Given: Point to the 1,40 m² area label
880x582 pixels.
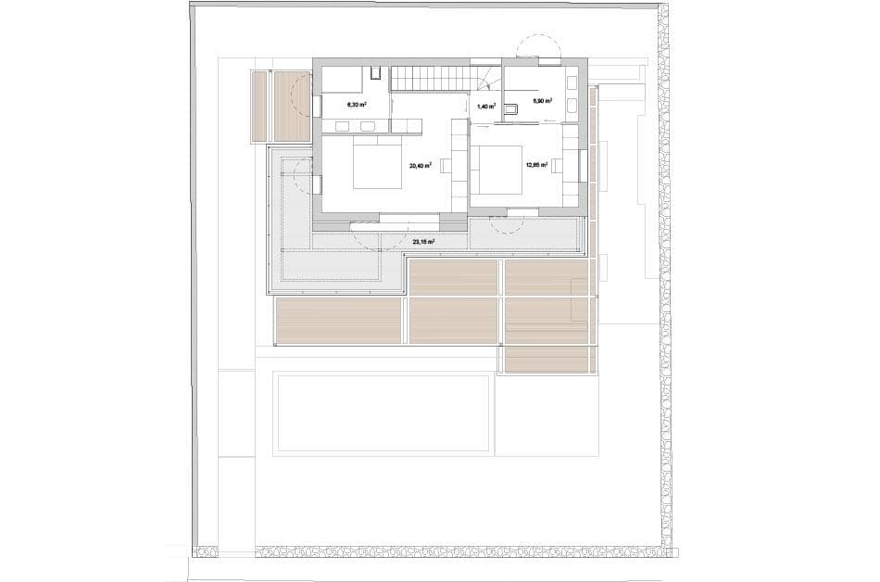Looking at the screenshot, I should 486,107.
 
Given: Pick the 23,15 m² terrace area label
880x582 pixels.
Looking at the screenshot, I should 423,242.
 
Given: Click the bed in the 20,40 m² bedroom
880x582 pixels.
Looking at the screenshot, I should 377,164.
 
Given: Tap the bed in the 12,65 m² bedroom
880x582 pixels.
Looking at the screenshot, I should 500,170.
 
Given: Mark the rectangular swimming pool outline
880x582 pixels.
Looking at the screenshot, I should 381,412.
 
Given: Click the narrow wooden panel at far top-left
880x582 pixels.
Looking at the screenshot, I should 259,107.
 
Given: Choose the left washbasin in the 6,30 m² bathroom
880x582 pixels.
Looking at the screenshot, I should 342,127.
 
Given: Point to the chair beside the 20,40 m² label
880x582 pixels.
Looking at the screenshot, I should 446,166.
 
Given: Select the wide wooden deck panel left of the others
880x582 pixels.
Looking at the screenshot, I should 338,320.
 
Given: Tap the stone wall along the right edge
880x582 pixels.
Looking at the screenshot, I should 663,278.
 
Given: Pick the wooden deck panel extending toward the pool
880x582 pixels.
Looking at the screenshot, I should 547,360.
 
